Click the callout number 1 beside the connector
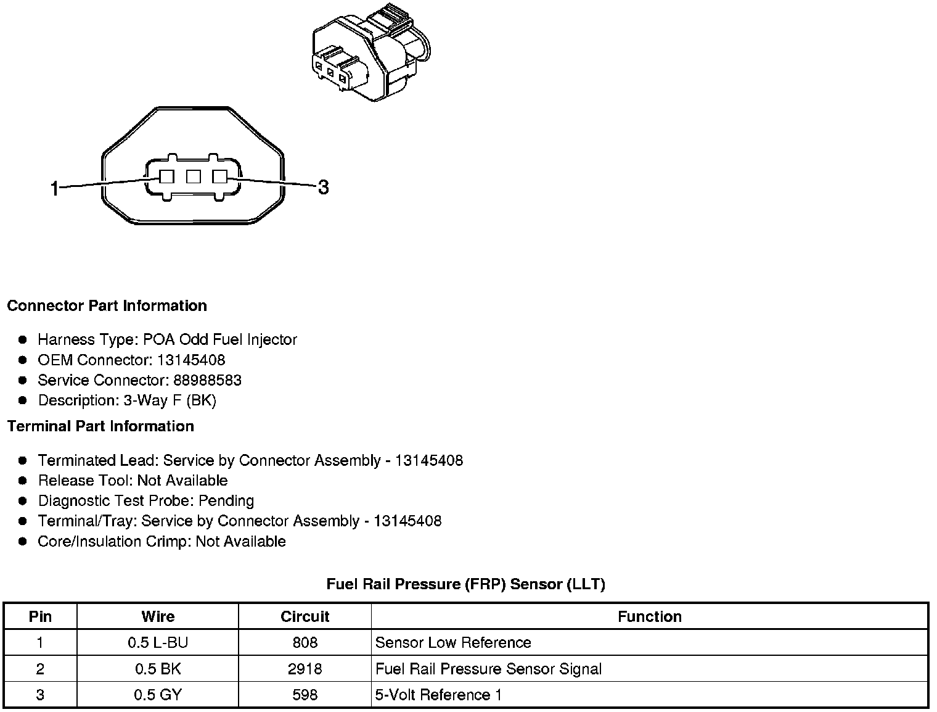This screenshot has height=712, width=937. point(55,188)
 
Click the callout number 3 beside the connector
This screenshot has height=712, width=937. point(323,187)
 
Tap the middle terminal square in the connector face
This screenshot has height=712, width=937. point(194,177)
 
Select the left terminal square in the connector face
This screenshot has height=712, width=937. point(166,177)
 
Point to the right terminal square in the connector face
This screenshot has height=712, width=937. point(219,177)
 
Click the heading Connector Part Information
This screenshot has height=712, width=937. point(107,306)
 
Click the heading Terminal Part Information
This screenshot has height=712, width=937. point(100,426)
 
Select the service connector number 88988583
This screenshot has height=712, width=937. point(207,380)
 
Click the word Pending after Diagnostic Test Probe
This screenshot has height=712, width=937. point(226,500)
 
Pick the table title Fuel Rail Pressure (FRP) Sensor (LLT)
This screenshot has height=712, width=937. point(465,584)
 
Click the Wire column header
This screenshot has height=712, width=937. point(158,616)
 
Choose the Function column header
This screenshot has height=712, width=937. point(650,616)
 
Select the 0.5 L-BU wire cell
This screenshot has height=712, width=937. point(158,642)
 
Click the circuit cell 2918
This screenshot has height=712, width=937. point(305,669)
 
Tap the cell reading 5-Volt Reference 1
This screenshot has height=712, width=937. point(438,695)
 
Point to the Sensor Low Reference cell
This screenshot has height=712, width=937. point(453,642)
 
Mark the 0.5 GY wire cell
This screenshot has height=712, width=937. point(158,695)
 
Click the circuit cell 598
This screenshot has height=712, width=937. point(305,695)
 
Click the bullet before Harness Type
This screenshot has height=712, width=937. point(23,339)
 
